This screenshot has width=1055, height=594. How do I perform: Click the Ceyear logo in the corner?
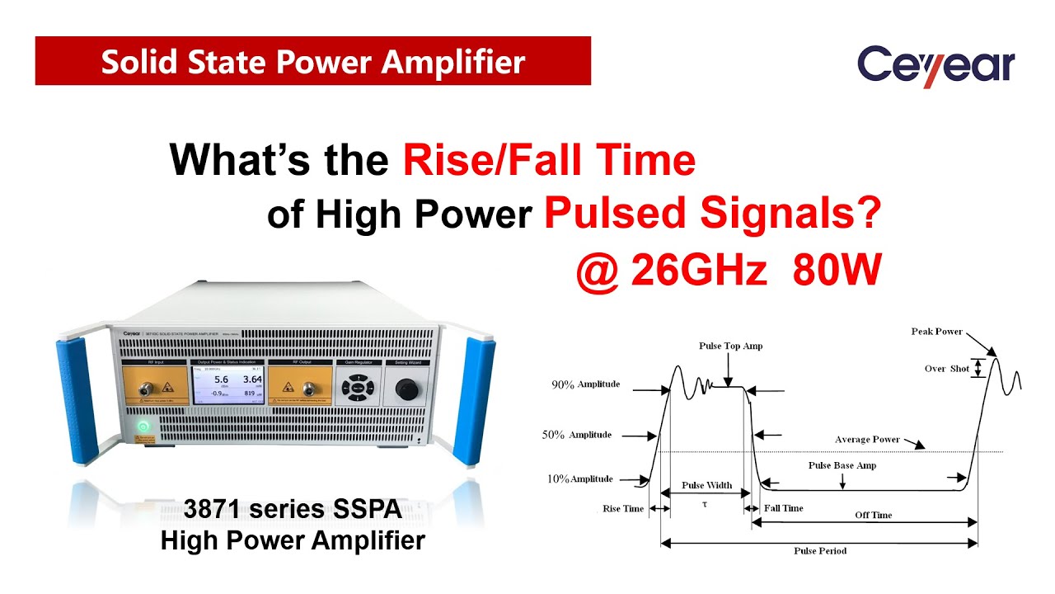[x=935, y=64]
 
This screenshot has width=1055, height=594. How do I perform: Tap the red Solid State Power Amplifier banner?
[x=312, y=61]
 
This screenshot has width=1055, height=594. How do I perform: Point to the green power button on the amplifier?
[x=143, y=426]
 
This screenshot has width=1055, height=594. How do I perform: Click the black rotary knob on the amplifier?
[x=406, y=388]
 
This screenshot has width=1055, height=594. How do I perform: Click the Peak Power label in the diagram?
[x=936, y=332]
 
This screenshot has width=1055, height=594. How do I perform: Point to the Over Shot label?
[x=947, y=369]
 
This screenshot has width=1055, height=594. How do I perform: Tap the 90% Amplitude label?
[x=586, y=384]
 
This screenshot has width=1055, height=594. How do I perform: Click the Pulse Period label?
[x=819, y=550]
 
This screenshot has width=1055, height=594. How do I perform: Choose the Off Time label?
[x=873, y=515]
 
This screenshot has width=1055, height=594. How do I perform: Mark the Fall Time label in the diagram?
[x=783, y=508]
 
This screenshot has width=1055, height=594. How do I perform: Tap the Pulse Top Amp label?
[x=730, y=346]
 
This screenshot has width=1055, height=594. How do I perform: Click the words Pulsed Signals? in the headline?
[x=712, y=214]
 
